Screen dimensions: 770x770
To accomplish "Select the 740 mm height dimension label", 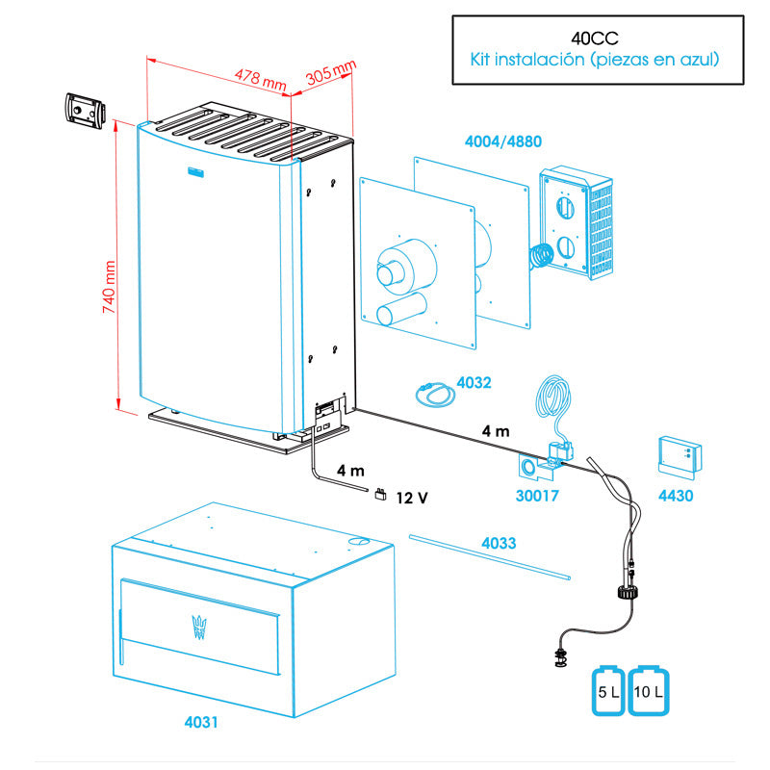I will coord(108,288).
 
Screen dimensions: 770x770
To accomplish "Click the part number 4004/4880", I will coord(502,141).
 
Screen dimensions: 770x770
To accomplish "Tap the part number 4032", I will coord(474,382).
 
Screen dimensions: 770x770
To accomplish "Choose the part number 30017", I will coord(537,497).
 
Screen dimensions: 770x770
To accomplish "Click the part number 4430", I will coord(675,497).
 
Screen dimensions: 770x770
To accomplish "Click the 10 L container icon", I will coord(649,689).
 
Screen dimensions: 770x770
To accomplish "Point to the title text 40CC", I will coord(593,38).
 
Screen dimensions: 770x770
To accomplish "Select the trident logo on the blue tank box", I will coord(201,625).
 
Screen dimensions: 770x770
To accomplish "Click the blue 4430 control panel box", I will coord(680,454).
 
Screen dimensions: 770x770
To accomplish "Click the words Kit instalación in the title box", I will coord(521,60).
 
